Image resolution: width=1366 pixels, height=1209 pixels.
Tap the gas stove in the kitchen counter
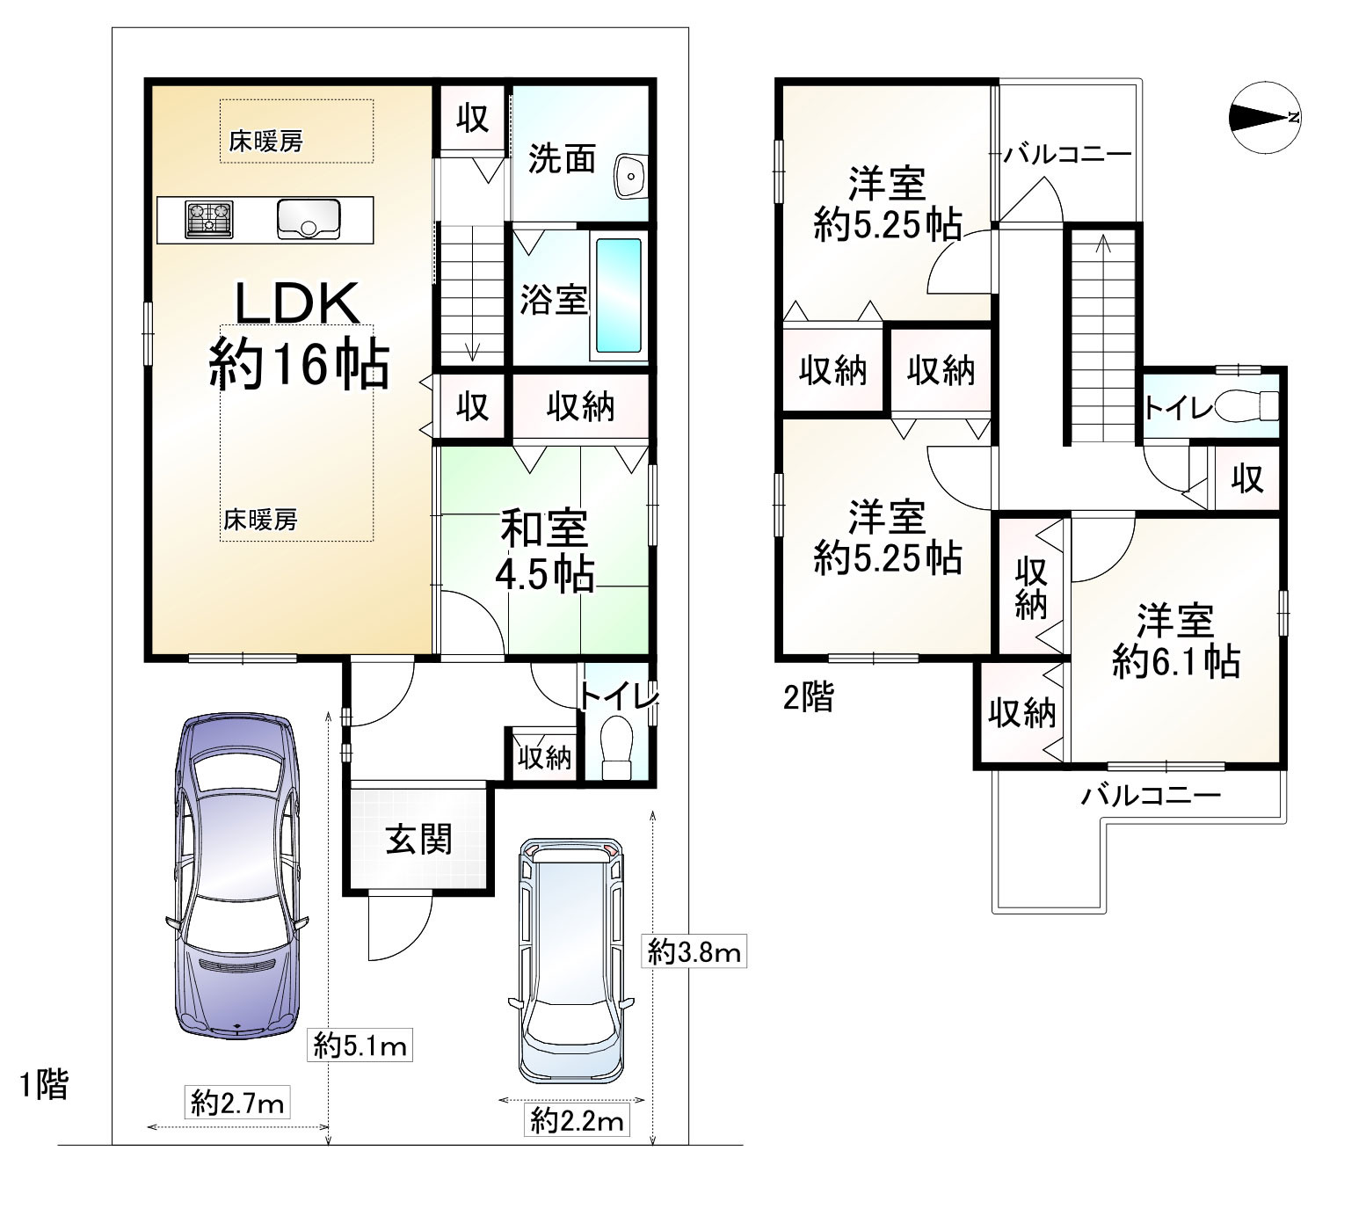[x=209, y=220]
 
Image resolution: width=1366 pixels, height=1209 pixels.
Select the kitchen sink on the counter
[x=309, y=219]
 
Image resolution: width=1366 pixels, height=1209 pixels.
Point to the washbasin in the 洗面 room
[x=630, y=177]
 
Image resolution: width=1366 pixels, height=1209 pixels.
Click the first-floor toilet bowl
[x=618, y=747]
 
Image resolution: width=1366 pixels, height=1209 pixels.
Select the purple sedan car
[x=237, y=874]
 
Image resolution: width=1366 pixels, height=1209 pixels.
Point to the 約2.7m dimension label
[x=238, y=1103]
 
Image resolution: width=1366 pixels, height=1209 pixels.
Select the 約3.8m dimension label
[x=695, y=951]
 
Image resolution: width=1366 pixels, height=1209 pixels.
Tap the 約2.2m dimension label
[x=578, y=1120]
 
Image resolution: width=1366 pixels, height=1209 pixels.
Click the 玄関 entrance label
[x=419, y=840]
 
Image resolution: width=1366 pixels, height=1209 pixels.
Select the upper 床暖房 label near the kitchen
[x=266, y=142]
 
